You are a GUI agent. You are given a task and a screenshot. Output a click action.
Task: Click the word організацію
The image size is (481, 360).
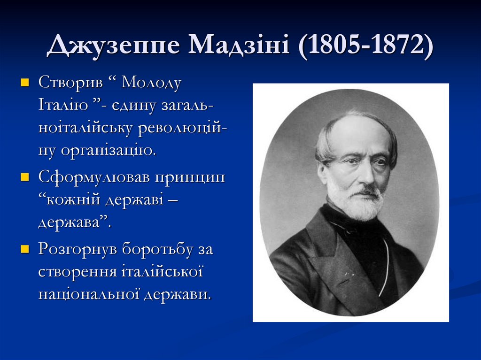click(108, 151)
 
